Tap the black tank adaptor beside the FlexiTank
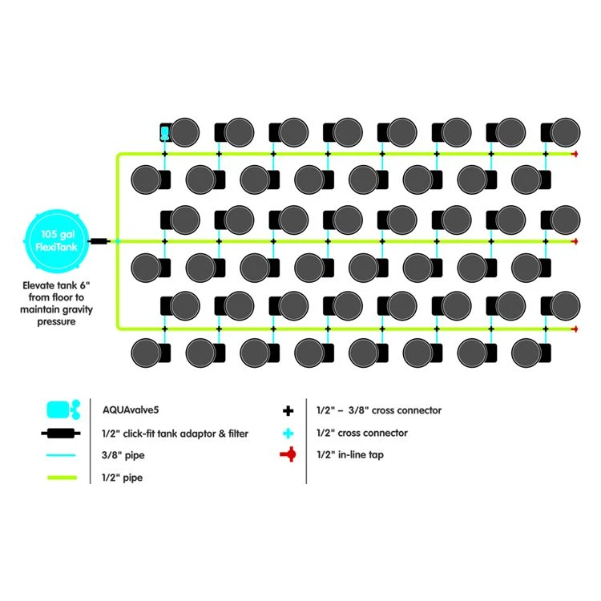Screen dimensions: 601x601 click(99, 240)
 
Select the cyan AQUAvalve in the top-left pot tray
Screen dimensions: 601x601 click(164, 132)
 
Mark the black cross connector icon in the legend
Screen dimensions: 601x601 click(289, 410)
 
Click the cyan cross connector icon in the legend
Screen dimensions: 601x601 click(289, 433)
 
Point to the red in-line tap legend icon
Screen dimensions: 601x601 click(289, 455)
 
